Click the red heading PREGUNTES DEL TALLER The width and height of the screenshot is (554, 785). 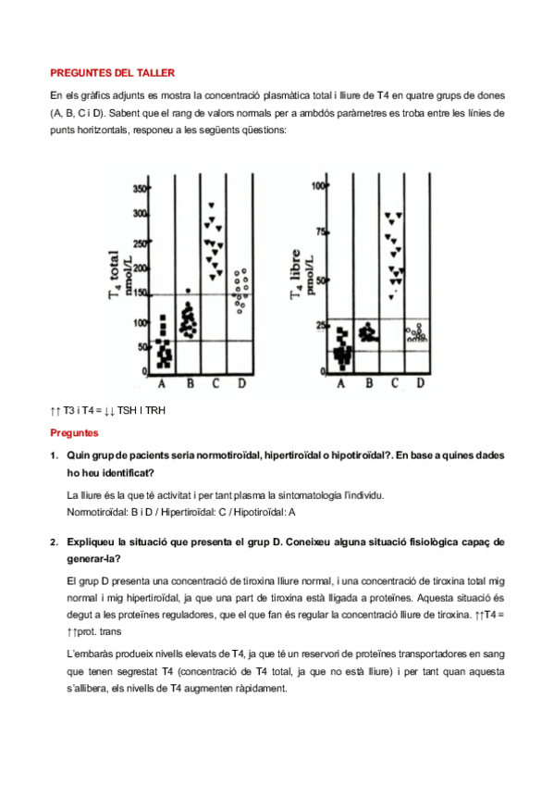[x=113, y=73]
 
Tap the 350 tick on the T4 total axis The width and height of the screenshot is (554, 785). [x=140, y=189]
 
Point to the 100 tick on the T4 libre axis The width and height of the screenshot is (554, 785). [x=318, y=186]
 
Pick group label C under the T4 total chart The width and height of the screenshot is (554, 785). [x=215, y=383]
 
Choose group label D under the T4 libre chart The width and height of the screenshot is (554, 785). [x=421, y=383]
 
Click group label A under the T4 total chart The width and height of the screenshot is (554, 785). [x=162, y=383]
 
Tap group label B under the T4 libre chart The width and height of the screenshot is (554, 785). [x=369, y=383]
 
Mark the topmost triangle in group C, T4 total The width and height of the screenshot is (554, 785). [x=212, y=206]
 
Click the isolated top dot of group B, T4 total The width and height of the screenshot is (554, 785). [x=188, y=291]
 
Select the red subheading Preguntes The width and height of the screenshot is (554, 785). [x=74, y=433]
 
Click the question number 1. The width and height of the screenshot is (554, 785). [x=54, y=455]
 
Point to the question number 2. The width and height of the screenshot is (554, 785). [x=54, y=542]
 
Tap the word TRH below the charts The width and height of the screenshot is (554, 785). [x=155, y=410]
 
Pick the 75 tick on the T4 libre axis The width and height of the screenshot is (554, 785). [x=321, y=231]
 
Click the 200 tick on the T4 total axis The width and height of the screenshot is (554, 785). [x=140, y=268]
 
